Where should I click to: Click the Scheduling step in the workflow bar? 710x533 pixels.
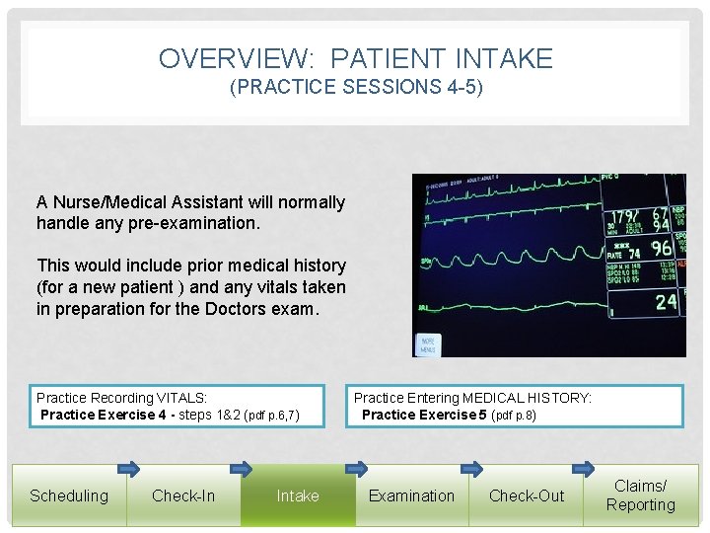pos(69,495)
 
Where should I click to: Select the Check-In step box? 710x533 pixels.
pos(183,495)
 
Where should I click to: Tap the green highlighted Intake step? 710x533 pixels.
pos(298,495)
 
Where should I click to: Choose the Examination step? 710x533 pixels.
pos(412,495)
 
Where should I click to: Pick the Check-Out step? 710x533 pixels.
pos(527,495)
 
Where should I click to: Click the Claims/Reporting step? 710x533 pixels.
pos(641,495)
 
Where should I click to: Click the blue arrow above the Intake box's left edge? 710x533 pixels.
pos(242,468)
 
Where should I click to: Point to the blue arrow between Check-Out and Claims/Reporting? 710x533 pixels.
pos(585,468)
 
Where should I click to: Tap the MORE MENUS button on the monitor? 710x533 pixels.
pos(428,345)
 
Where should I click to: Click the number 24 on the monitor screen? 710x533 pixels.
pos(667,302)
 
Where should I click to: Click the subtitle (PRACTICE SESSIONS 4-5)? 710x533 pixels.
pos(356,87)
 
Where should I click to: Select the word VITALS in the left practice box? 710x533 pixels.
pos(182,398)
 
